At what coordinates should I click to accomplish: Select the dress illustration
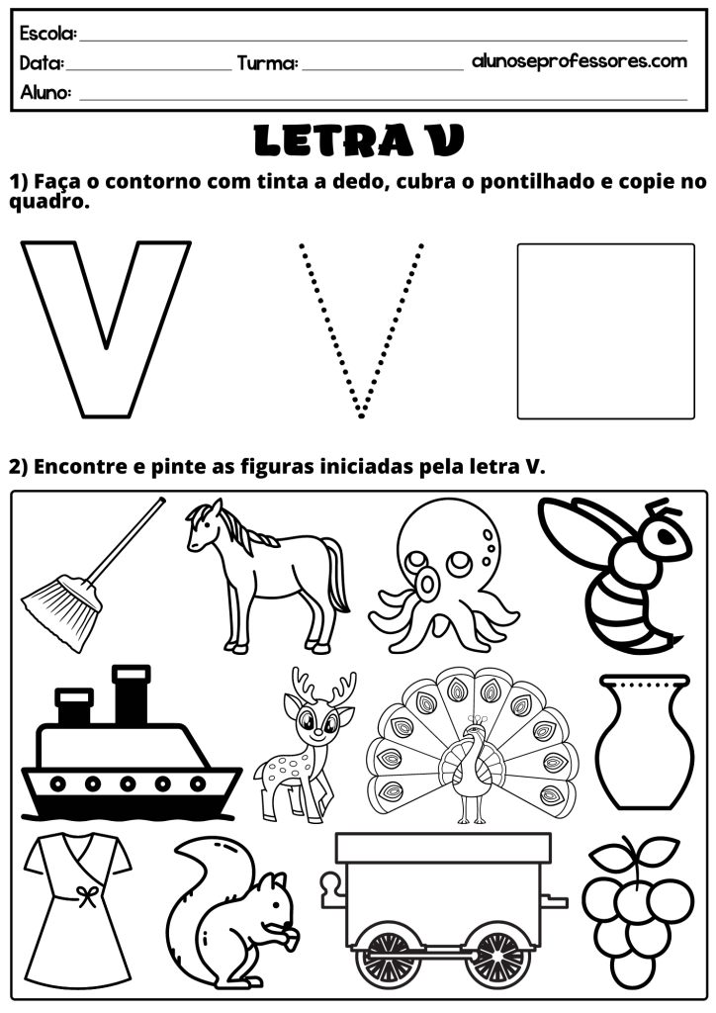point(80,905)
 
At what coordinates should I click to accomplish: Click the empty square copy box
point(605,332)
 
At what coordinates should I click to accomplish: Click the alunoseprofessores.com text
point(580,60)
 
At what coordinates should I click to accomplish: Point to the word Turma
point(267,64)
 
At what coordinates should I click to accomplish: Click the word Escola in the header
point(47,35)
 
